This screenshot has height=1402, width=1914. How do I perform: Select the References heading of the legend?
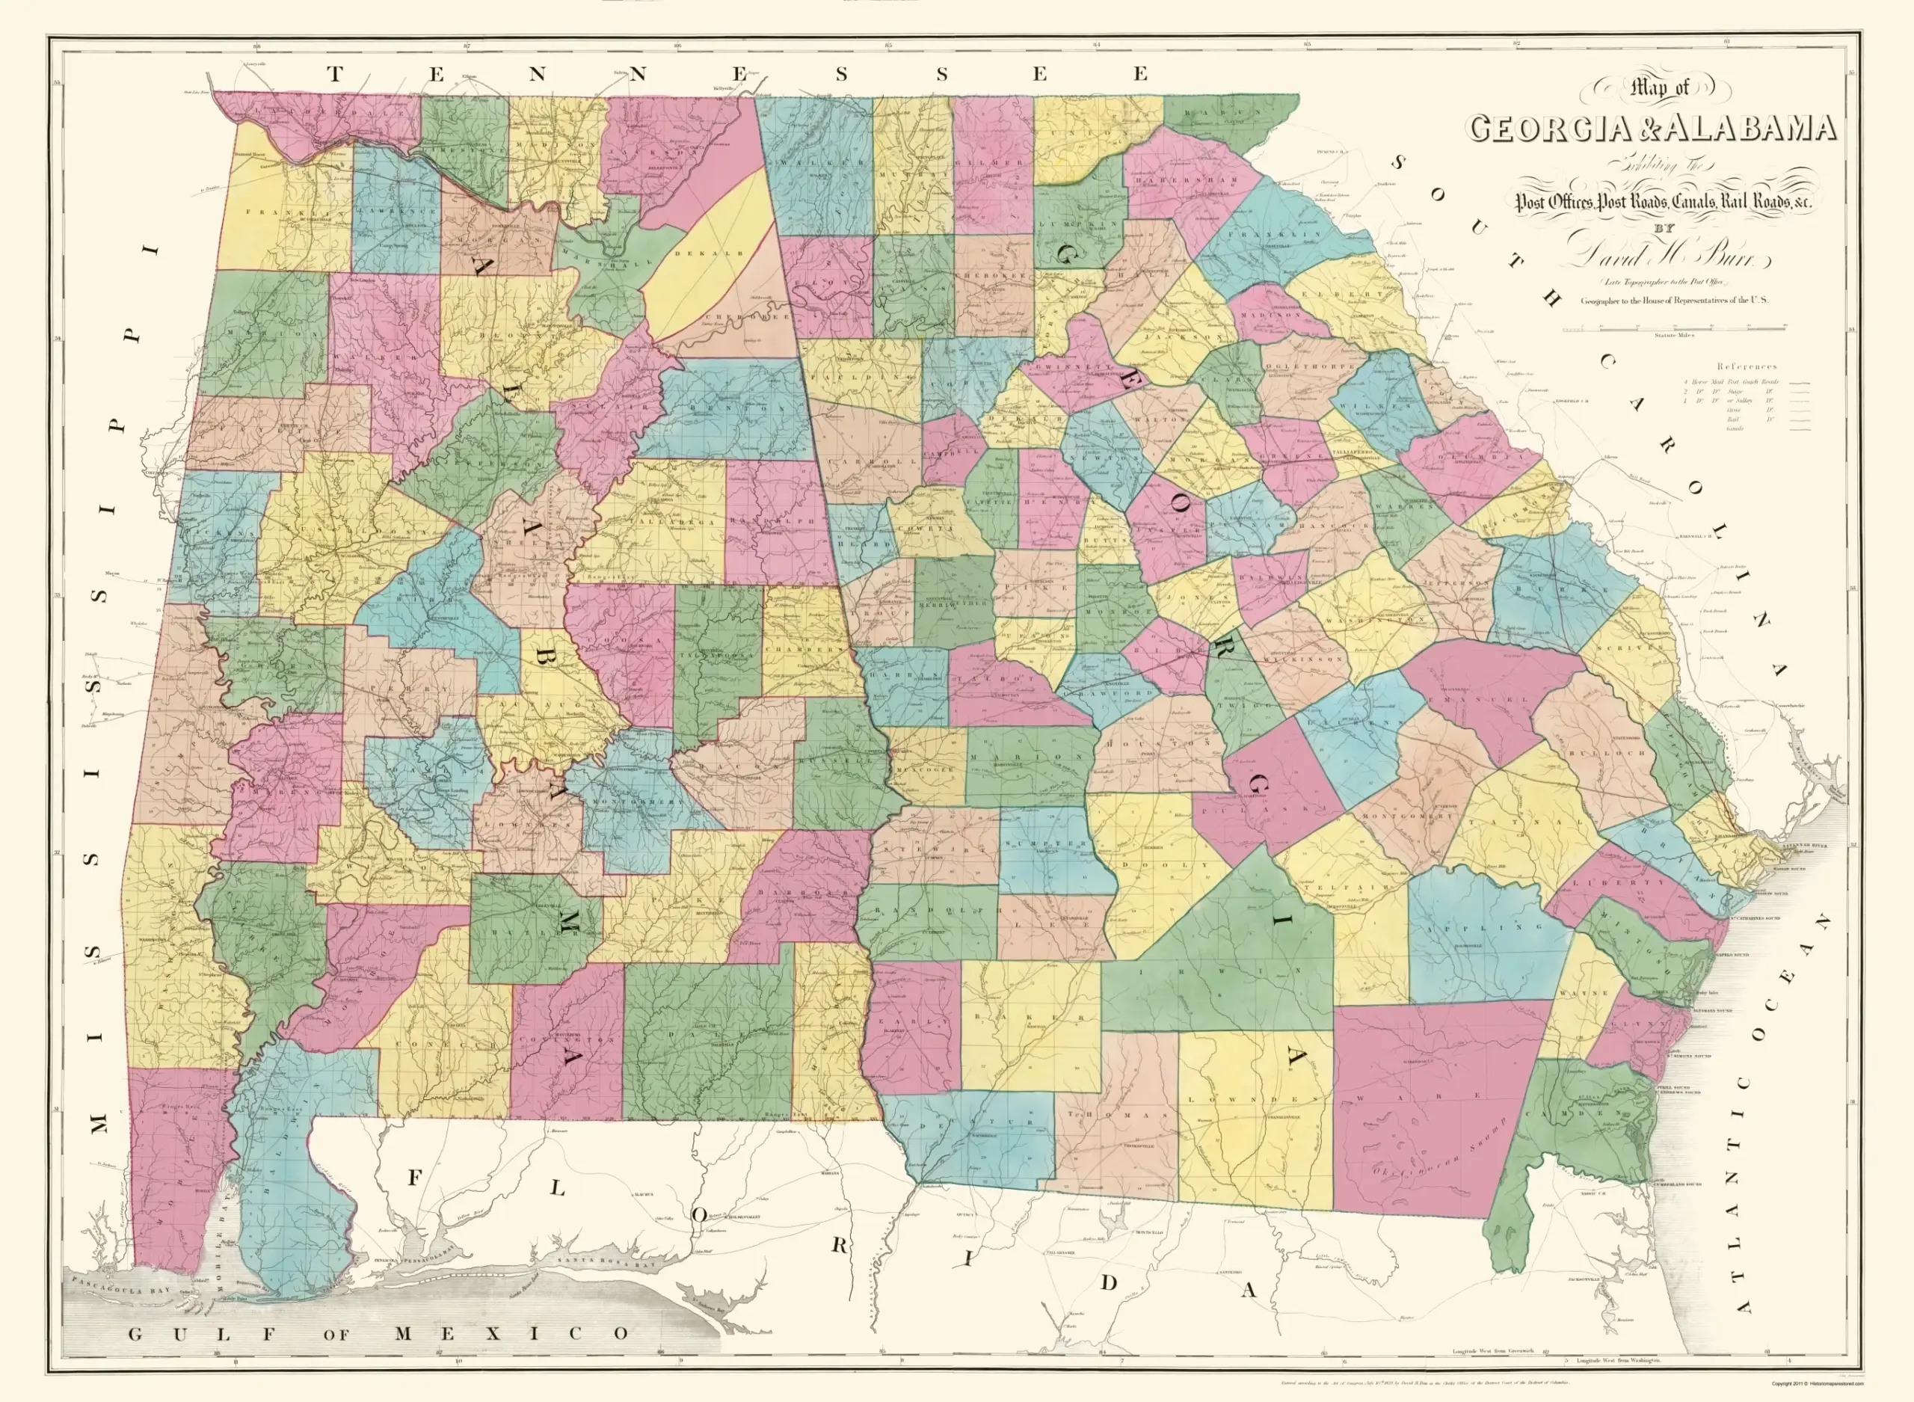(1747, 366)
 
